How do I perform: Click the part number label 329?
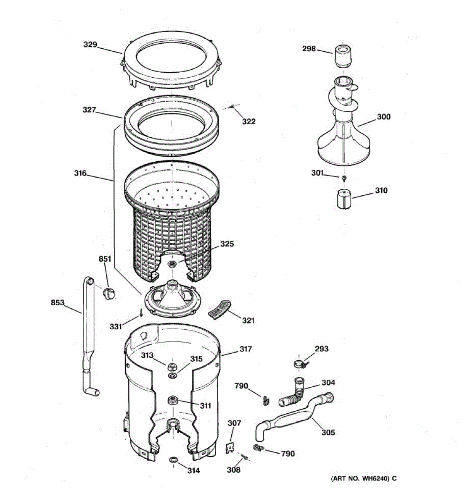(90, 45)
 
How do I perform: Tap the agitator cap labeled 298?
(343, 56)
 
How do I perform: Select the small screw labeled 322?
(231, 107)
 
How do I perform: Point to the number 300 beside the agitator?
(383, 117)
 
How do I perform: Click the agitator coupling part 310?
(344, 199)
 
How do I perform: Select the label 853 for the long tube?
(58, 302)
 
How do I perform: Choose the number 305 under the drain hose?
(328, 432)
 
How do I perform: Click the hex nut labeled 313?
(172, 365)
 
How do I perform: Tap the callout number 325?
(227, 244)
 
